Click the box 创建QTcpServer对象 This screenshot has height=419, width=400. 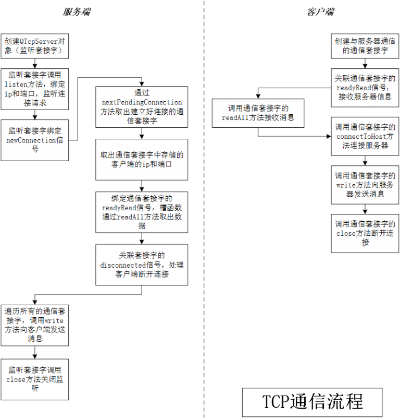click(x=34, y=46)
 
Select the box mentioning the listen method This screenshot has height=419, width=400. click(x=34, y=89)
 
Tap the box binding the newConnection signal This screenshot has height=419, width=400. click(x=34, y=140)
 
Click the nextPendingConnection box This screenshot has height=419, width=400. click(x=141, y=107)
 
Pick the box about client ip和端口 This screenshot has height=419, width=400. click(x=141, y=159)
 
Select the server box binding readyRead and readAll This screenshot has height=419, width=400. click(x=141, y=212)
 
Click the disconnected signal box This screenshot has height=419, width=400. click(x=141, y=265)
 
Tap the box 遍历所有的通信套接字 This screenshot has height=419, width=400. click(x=34, y=325)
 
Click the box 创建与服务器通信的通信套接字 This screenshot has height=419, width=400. click(x=365, y=46)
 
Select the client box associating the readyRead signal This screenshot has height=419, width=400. click(x=365, y=88)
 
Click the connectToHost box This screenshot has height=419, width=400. click(x=365, y=136)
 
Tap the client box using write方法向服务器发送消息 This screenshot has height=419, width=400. click(x=365, y=185)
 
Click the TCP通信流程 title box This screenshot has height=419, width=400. click(x=312, y=402)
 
